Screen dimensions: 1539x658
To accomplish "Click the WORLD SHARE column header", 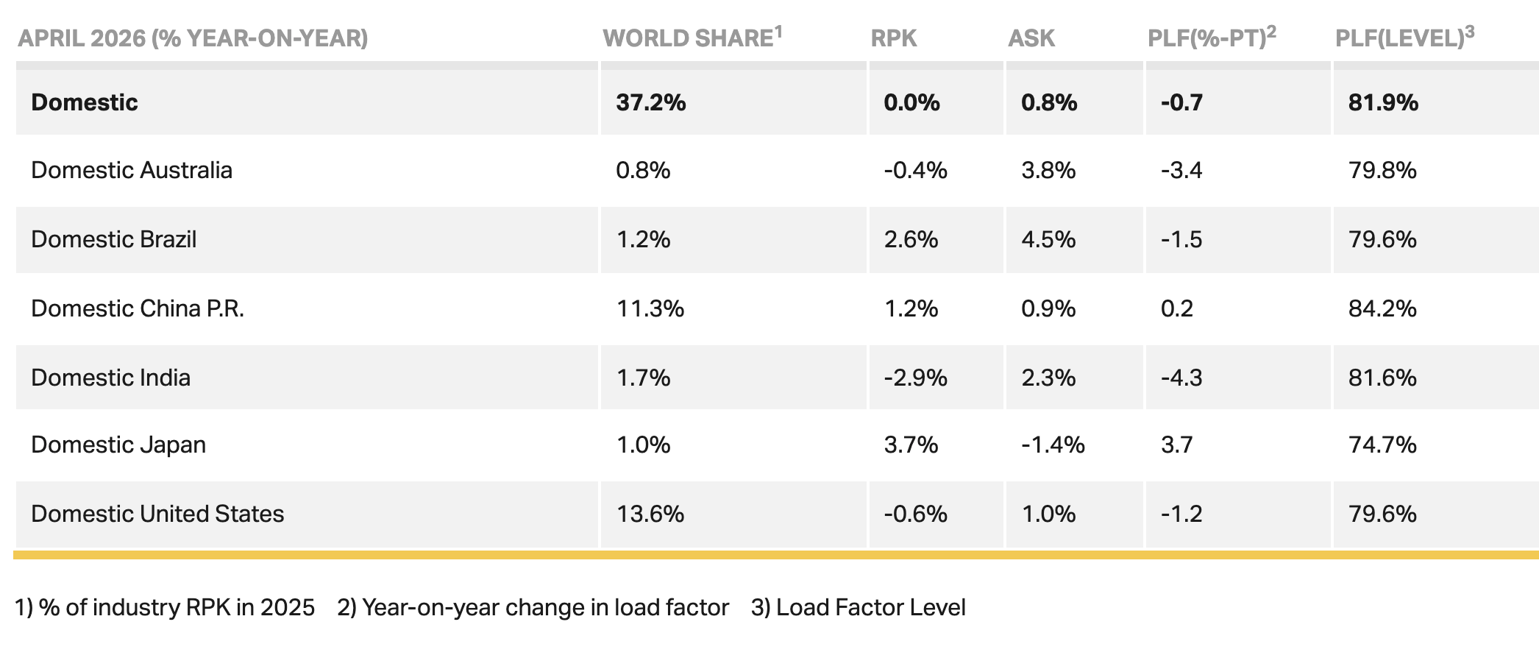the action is [x=692, y=38].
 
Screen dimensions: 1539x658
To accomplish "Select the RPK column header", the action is [x=894, y=38].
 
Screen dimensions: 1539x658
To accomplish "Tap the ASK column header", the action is [x=1031, y=38].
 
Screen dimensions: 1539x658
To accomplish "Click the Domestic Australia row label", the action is [x=132, y=170].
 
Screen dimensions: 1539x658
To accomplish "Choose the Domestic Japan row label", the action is [x=118, y=445].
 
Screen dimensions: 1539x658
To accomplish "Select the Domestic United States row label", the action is [x=157, y=513].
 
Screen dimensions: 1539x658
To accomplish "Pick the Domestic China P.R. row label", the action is [x=138, y=308].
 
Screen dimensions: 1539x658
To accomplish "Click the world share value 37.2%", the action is [x=651, y=102].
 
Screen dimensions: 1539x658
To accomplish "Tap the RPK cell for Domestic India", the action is [x=915, y=378].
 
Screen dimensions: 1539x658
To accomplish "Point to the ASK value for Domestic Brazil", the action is [x=1048, y=239].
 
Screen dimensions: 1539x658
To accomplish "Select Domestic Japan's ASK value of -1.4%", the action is [x=1053, y=445].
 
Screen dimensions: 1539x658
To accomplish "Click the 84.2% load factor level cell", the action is [x=1382, y=308].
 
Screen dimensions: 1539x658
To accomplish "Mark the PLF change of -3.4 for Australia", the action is [x=1181, y=170].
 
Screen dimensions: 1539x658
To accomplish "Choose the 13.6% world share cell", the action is [x=650, y=513].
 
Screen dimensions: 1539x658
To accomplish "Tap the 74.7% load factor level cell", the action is [x=1382, y=445].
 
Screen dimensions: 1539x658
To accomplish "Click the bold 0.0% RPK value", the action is [x=911, y=102].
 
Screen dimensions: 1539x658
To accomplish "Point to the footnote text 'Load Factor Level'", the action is [x=871, y=607].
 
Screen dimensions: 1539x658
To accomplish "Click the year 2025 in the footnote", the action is [x=287, y=607].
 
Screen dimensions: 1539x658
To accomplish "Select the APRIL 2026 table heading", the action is [x=82, y=38].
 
